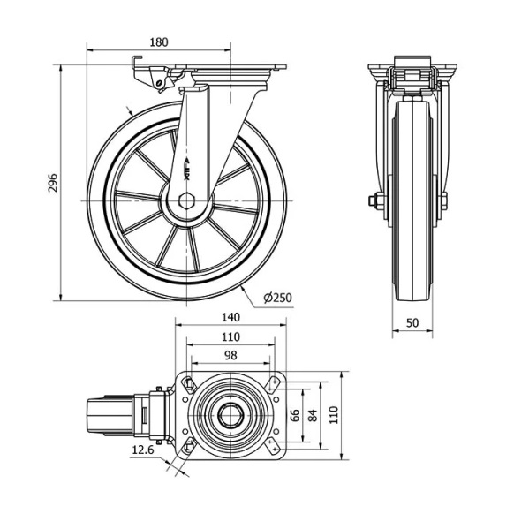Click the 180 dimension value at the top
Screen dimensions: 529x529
pos(159,42)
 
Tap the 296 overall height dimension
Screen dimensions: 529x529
pos(53,183)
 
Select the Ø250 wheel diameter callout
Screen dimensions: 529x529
pos(277,298)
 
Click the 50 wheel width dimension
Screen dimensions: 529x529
pos(412,323)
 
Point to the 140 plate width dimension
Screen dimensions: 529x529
pos(230,317)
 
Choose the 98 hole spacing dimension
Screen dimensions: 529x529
pos(230,355)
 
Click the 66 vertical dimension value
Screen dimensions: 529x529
pos(295,415)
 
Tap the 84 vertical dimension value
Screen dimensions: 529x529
pos(314,415)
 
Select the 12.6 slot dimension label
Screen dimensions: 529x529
pos(143,450)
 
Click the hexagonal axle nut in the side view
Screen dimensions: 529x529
pos(185,201)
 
